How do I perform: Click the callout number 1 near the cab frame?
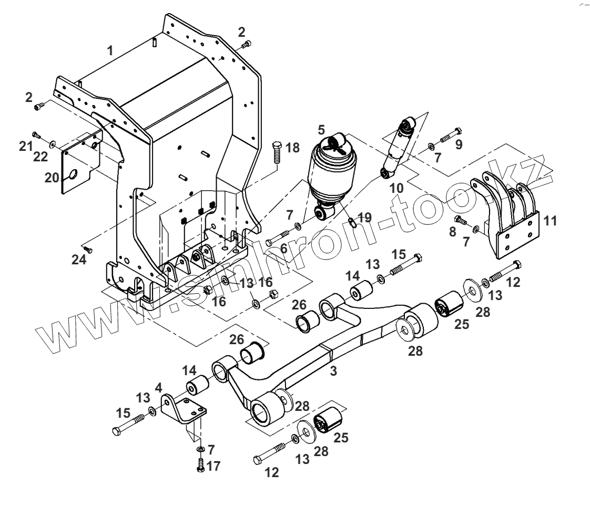(110, 51)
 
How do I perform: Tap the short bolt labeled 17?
(200, 464)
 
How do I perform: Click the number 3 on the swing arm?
(333, 371)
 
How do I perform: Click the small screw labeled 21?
(36, 135)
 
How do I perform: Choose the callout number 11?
(550, 221)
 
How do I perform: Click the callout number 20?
(52, 178)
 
